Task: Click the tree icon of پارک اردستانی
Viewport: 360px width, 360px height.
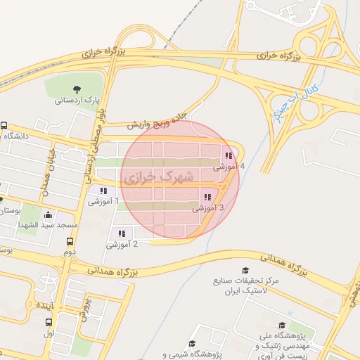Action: pyautogui.click(x=77, y=89)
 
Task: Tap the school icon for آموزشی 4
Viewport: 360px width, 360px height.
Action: pyautogui.click(x=228, y=155)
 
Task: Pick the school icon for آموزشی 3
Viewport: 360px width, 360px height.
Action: pyautogui.click(x=207, y=197)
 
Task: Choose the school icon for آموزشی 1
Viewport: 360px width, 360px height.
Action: pyautogui.click(x=103, y=191)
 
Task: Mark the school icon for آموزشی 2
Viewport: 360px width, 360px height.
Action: pyautogui.click(x=122, y=233)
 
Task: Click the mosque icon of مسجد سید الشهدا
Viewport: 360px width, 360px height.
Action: pyautogui.click(x=48, y=215)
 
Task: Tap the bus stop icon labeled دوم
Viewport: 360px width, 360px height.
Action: pyautogui.click(x=69, y=240)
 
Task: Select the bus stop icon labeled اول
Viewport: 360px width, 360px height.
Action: pyautogui.click(x=48, y=323)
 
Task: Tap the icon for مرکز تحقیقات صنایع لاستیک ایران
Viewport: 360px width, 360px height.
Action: pyautogui.click(x=245, y=270)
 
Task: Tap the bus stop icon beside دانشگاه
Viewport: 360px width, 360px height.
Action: pyautogui.click(x=4, y=125)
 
